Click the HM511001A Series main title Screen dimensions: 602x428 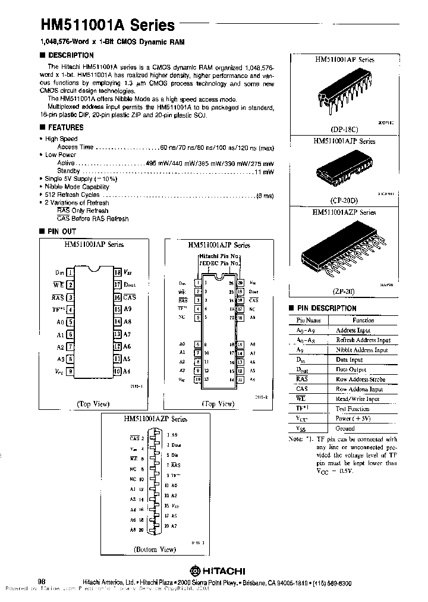(108, 24)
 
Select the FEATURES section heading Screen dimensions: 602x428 (65, 127)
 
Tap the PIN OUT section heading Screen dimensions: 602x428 (62, 230)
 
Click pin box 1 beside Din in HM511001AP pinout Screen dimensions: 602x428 (71, 271)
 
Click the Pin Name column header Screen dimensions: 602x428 (309, 320)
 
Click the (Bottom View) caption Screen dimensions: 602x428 (154, 549)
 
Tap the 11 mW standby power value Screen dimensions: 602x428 (265, 171)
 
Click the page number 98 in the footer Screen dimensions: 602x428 (42, 581)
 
